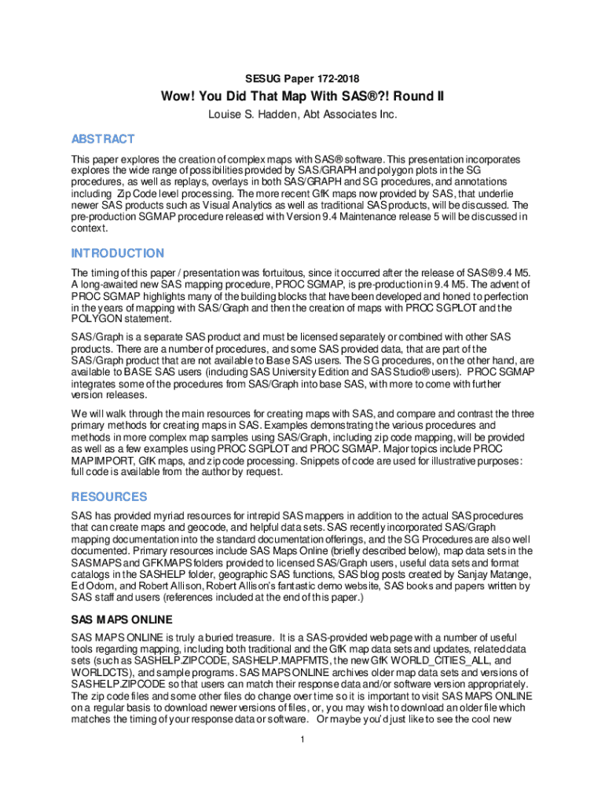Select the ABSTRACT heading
103,139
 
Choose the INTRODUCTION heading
118,253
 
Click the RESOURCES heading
109,496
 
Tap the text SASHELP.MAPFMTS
268,662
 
